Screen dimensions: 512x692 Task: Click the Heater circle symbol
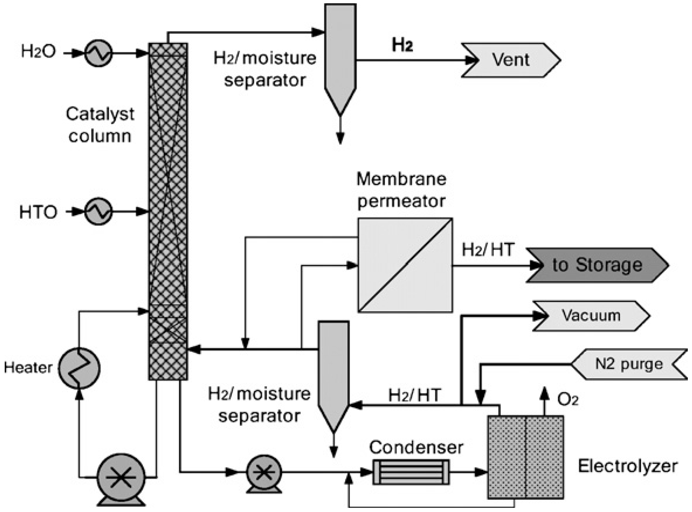pos(80,368)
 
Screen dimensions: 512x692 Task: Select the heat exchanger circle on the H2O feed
pos(98,53)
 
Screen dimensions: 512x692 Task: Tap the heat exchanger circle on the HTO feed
pos(98,212)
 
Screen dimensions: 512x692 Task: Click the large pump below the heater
pos(121,478)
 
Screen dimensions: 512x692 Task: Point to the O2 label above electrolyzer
pos(568,400)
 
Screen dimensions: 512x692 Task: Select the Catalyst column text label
pos(100,125)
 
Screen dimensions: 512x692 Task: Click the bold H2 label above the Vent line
pos(402,45)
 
